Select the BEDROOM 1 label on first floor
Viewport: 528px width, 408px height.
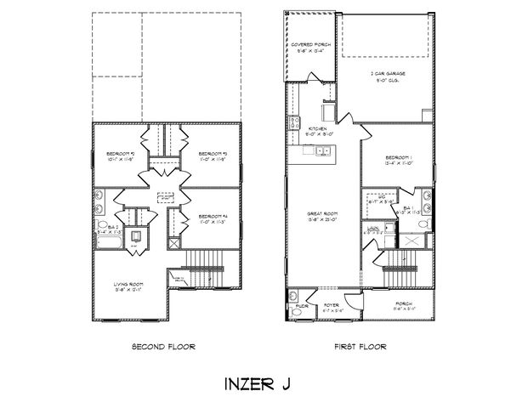coord(397,161)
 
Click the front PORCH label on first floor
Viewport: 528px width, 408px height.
coord(403,304)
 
